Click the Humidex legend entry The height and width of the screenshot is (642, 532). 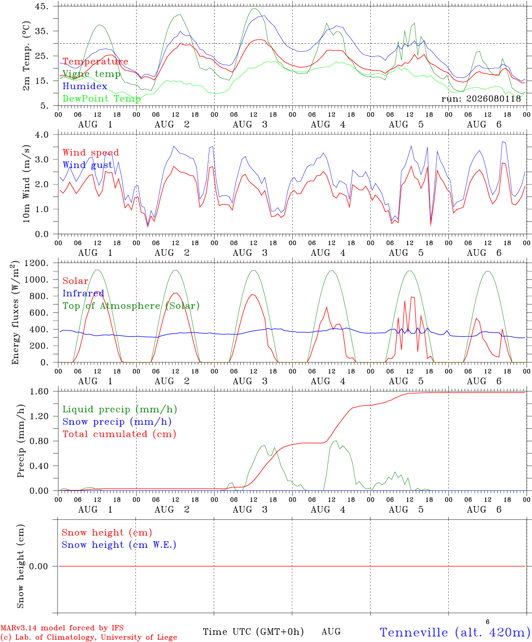85,86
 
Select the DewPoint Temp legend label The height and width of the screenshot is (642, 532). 102,99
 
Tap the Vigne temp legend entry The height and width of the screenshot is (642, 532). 92,74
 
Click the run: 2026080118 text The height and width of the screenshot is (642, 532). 481,99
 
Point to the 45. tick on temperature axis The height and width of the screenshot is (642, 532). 42,6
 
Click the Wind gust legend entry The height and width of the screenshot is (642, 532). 88,165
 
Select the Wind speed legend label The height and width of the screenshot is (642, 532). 90,152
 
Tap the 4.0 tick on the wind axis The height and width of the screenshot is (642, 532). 42,135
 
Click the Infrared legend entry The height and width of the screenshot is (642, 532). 83,293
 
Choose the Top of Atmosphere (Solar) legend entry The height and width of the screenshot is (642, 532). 131,306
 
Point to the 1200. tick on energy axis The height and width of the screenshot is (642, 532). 37,263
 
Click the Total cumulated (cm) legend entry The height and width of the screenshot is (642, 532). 119,434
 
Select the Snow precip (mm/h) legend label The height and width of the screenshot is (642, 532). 117,422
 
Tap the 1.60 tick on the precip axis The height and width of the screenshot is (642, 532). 39,391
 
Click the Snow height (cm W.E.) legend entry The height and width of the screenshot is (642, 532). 119,545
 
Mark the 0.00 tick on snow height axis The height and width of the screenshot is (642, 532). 38,566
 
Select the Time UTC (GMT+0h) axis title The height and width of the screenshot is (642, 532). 253,632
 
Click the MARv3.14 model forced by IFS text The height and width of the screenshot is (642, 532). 62,628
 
